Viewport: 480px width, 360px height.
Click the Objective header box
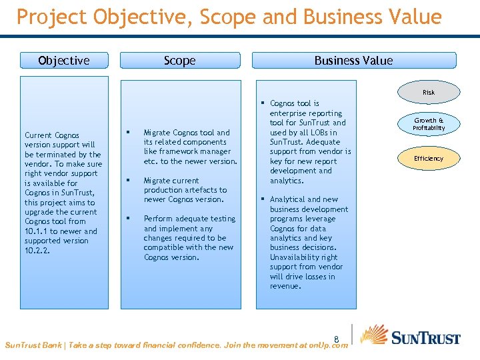pos(64,61)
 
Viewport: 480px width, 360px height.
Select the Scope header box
pos(180,61)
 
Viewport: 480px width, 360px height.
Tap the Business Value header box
pos(353,61)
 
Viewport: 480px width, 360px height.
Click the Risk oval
pos(428,92)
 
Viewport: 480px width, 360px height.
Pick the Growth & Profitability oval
pos(428,124)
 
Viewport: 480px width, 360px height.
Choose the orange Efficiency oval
pos(428,158)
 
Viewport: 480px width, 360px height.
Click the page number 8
pos(337,338)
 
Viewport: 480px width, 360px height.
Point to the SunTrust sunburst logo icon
pos(374,335)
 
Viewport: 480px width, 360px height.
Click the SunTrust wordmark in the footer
pos(425,338)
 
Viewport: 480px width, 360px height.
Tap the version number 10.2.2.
pos(37,251)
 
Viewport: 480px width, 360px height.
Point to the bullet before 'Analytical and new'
pos(263,199)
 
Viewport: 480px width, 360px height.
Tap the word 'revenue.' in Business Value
pos(285,286)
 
